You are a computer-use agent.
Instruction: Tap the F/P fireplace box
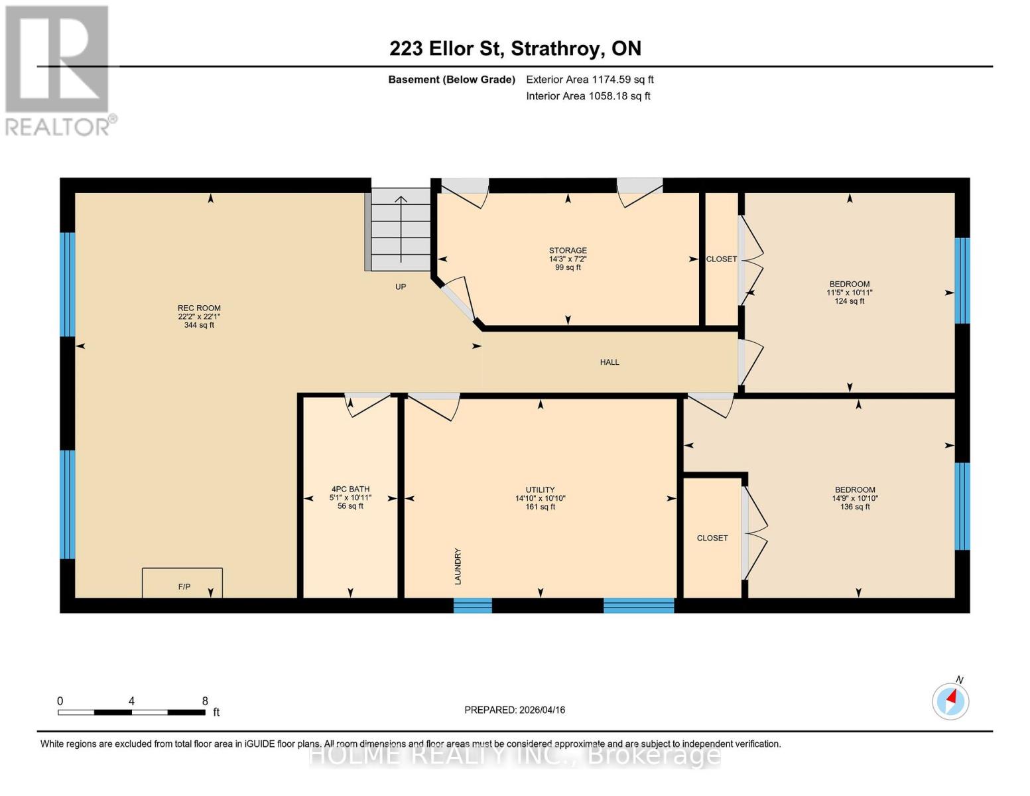pyautogui.click(x=182, y=582)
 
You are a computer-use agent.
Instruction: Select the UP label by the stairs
pyautogui.click(x=401, y=287)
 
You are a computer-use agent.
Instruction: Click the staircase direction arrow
pyautogui.click(x=401, y=230)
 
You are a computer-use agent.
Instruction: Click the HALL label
pyautogui.click(x=610, y=362)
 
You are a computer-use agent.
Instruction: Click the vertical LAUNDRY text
pyautogui.click(x=458, y=566)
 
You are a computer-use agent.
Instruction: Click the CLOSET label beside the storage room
pyautogui.click(x=722, y=259)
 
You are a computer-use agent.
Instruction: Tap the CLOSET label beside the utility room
pyautogui.click(x=712, y=538)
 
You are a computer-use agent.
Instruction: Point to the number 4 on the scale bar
pyautogui.click(x=131, y=700)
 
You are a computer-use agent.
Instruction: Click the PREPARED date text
pyautogui.click(x=515, y=710)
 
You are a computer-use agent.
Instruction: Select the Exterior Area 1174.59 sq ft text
pyautogui.click(x=590, y=80)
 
